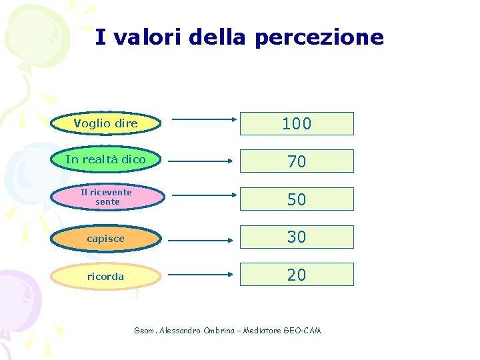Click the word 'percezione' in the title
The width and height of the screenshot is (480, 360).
tap(319, 37)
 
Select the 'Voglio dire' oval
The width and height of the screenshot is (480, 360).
tap(106, 123)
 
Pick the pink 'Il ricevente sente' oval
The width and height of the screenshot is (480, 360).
tap(106, 197)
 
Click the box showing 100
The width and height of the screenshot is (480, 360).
tap(297, 124)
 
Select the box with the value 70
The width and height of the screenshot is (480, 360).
tap(297, 161)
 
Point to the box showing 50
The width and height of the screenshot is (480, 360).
tap(297, 199)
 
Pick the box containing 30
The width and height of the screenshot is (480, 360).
tap(297, 237)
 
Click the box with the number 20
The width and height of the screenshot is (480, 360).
tap(297, 274)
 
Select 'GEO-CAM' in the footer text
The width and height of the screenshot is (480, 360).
tap(302, 331)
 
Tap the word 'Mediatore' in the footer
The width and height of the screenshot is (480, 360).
tap(262, 331)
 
